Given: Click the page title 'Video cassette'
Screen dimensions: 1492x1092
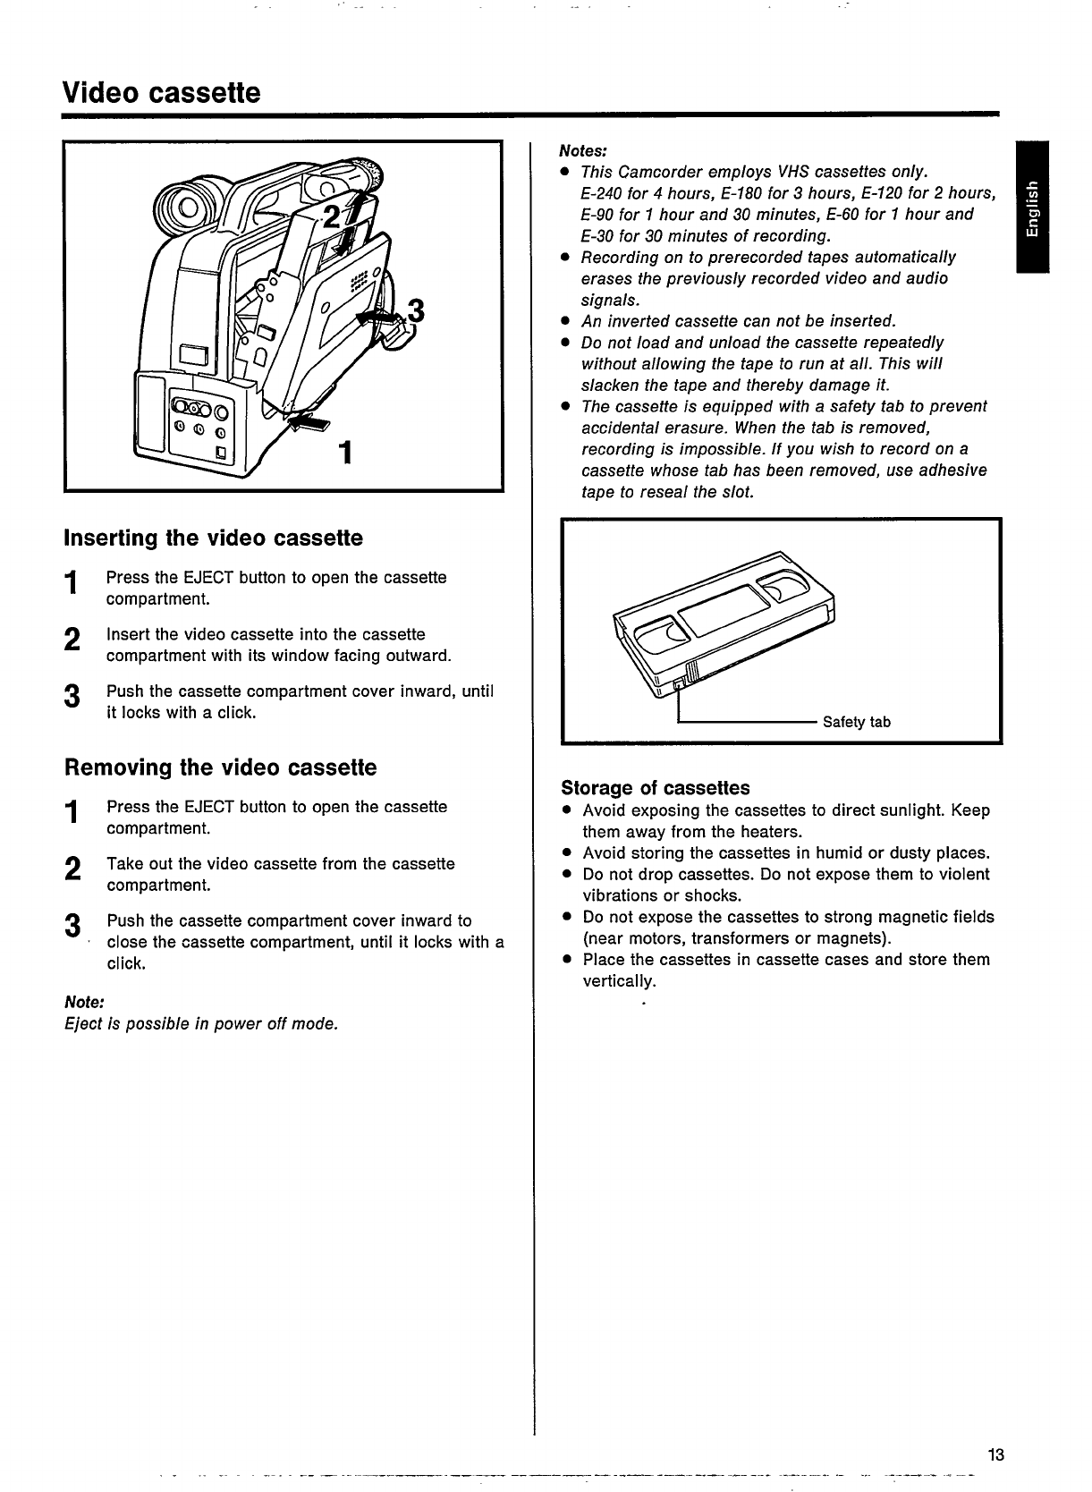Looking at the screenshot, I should coord(162,92).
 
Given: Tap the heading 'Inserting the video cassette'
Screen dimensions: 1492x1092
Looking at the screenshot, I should coord(214,538).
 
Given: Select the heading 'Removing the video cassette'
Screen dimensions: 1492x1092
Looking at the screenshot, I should coord(220,767).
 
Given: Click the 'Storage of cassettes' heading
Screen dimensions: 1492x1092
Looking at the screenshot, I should coord(655,788).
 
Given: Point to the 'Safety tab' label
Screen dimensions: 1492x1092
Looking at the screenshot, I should coord(856,722).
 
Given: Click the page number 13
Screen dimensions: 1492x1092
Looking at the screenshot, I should coord(995,1454).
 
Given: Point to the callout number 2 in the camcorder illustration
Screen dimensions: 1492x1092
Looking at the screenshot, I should coord(332,217).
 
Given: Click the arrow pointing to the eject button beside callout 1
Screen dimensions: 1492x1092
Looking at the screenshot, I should coord(306,423).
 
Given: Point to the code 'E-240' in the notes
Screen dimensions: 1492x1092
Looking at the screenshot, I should coord(602,193).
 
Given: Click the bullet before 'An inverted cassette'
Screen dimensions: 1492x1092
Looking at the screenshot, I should coord(565,321).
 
